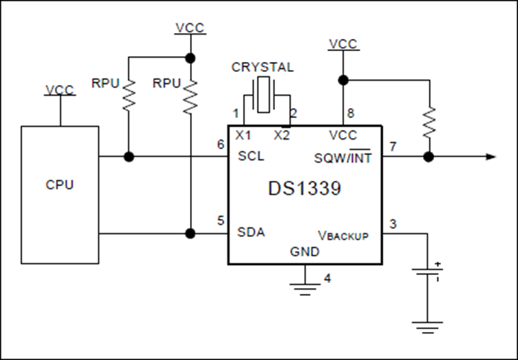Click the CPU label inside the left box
(60, 184)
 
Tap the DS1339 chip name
(304, 189)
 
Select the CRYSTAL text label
(263, 67)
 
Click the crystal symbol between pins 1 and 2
(263, 95)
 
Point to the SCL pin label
(251, 156)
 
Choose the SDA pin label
(251, 232)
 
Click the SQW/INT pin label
(342, 157)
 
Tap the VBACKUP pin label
(343, 235)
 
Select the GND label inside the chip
(304, 251)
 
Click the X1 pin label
(243, 135)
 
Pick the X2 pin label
(282, 135)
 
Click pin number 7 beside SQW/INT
(393, 146)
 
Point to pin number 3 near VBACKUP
(393, 224)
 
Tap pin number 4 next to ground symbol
(327, 279)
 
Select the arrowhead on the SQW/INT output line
(491, 157)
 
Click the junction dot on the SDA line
(190, 234)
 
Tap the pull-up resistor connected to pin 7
(429, 122)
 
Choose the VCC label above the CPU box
(60, 90)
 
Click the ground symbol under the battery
(427, 328)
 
